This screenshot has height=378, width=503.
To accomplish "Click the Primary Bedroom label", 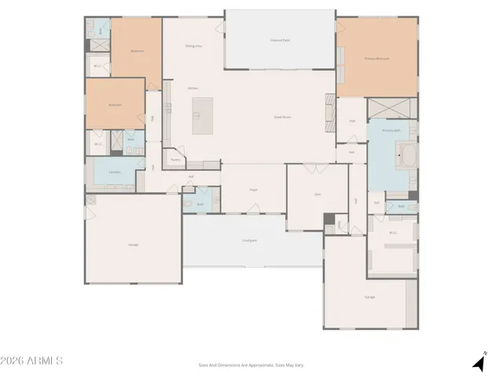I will [377, 58].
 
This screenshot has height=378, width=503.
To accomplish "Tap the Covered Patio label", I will [280, 39].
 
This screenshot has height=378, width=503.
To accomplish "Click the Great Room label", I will [282, 117].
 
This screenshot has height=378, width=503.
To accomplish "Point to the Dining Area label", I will [193, 46].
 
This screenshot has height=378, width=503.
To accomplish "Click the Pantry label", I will [175, 160].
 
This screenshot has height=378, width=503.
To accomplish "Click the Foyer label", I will [254, 190].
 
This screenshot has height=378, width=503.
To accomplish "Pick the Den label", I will [318, 194].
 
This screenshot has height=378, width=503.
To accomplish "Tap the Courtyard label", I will [250, 240].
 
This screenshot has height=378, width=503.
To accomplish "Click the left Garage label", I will [134, 245].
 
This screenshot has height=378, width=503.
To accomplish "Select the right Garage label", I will [369, 297].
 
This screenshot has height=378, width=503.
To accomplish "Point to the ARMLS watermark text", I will [31, 361].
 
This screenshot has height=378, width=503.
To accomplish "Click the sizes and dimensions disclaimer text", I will [251, 365].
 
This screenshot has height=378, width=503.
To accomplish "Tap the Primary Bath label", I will [391, 130].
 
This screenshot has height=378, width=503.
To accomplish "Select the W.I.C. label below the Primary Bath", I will [393, 232].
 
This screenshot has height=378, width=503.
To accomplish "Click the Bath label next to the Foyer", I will [200, 204].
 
